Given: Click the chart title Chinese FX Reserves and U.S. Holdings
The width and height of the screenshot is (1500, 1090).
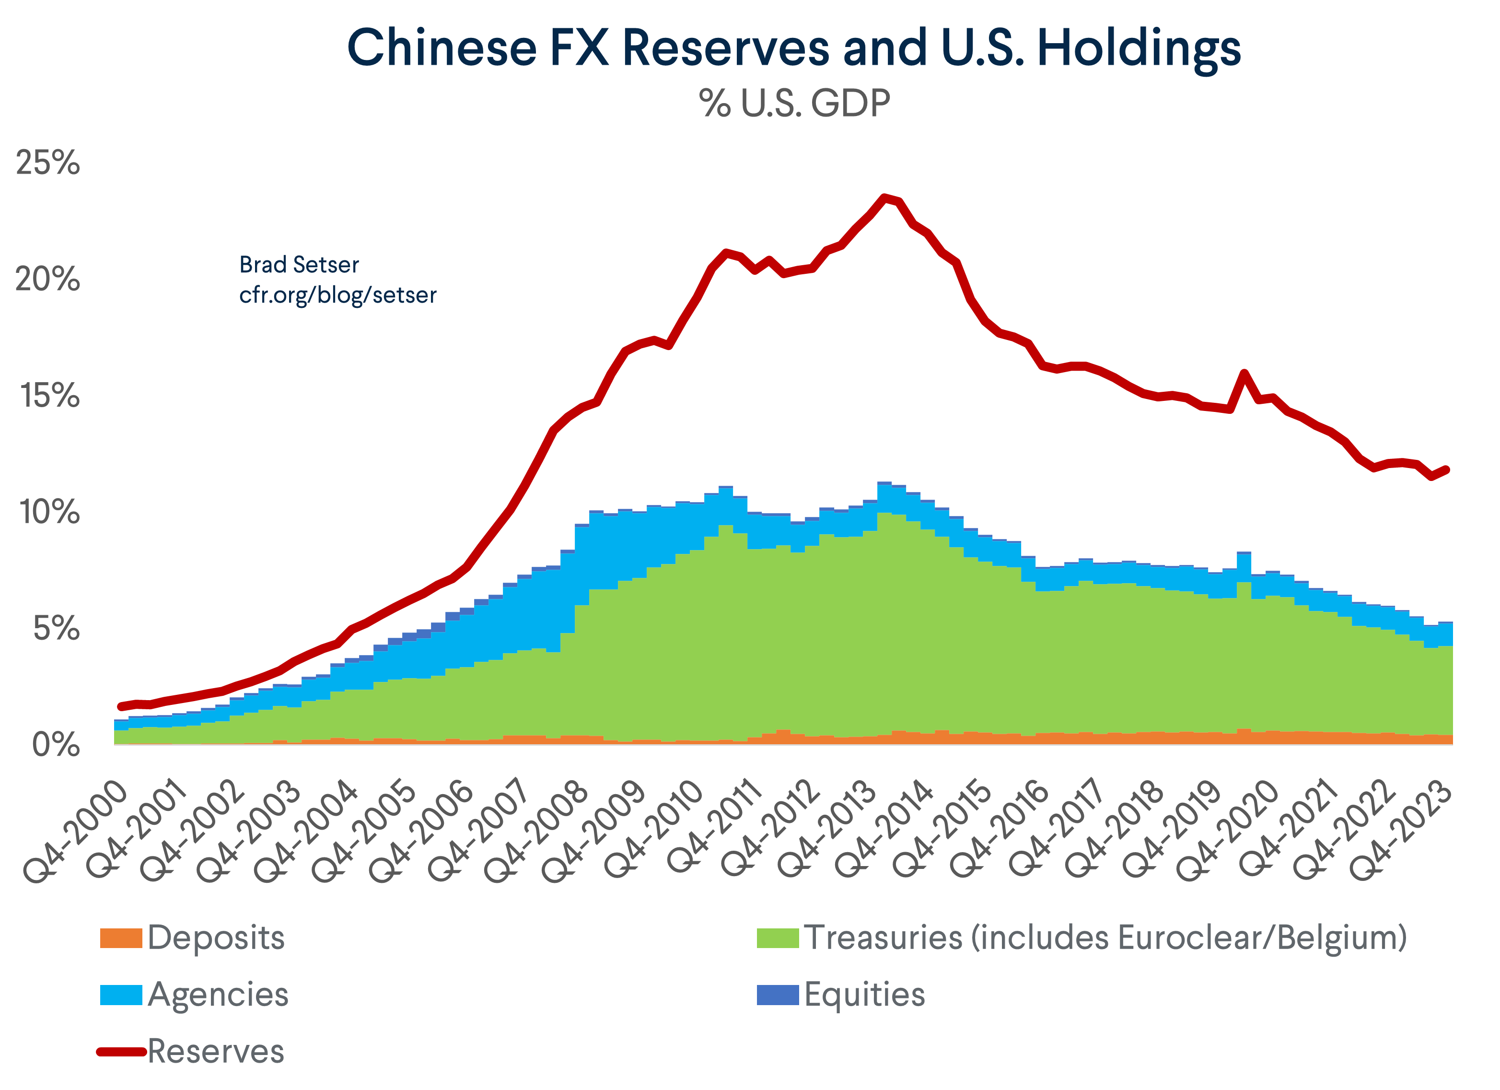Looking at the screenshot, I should pyautogui.click(x=794, y=47).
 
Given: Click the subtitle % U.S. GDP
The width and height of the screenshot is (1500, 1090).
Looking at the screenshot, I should pyautogui.click(x=794, y=104).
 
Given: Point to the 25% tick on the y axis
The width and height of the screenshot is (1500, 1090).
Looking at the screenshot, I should pyautogui.click(x=47, y=163).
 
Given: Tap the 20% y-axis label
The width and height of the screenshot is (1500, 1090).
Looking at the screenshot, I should pyautogui.click(x=47, y=279).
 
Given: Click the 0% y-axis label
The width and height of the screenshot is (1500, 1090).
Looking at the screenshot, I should pyautogui.click(x=56, y=745).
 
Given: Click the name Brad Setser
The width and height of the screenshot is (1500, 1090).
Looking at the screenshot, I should pyautogui.click(x=299, y=265).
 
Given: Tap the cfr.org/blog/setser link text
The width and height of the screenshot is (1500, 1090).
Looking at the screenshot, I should pyautogui.click(x=337, y=295).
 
